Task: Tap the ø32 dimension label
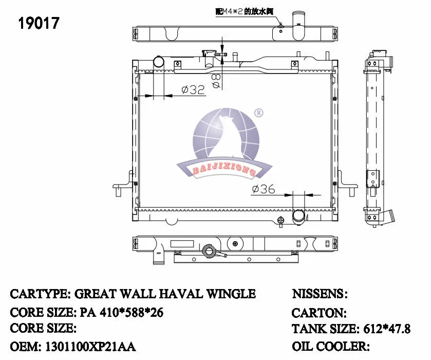coord(193,90)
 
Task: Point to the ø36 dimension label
coord(263,190)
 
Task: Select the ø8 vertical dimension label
coord(216,81)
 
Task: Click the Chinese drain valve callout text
coord(244,10)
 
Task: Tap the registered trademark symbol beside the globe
coord(259,113)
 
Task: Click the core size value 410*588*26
coord(122,312)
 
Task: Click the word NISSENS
coord(318,294)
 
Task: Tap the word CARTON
coord(318,312)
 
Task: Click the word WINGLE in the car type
coord(230,294)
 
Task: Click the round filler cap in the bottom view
coord(209,251)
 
